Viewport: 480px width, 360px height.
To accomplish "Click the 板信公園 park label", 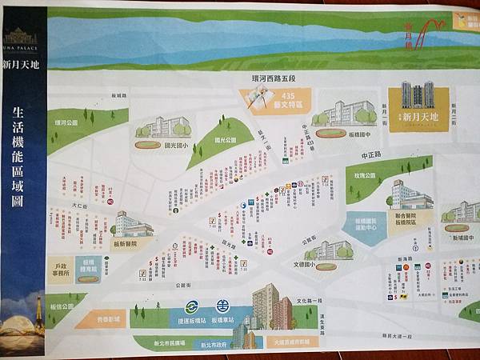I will click(60, 306).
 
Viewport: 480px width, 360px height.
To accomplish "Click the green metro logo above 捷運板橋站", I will click(192, 305).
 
